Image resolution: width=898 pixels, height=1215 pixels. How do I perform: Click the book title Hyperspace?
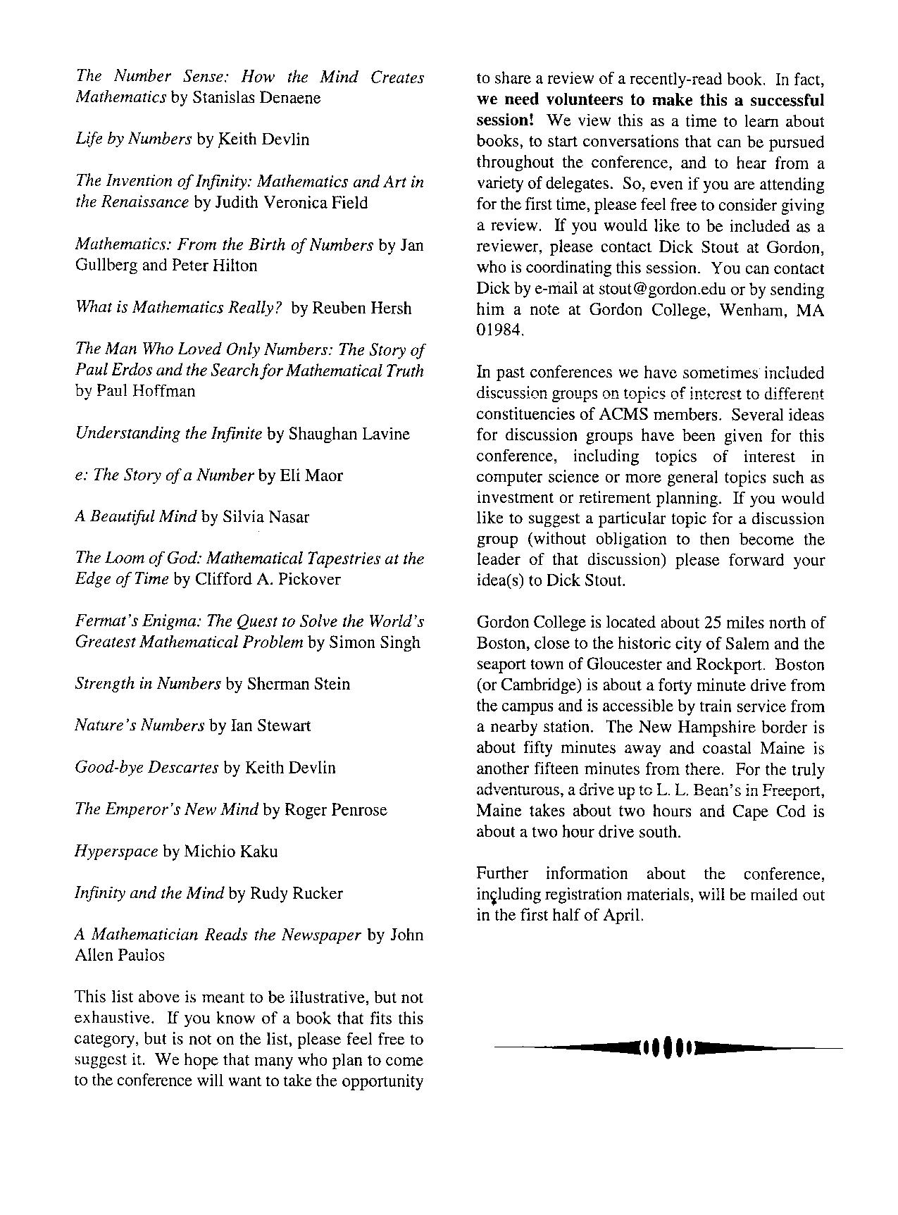116,852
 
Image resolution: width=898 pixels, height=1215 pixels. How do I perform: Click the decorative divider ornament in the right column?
668,1047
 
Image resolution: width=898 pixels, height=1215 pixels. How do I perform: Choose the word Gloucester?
626,665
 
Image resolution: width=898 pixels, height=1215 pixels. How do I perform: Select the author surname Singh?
398,642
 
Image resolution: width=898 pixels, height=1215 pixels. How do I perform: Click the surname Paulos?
139,956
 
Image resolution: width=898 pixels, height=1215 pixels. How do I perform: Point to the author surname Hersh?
387,308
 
